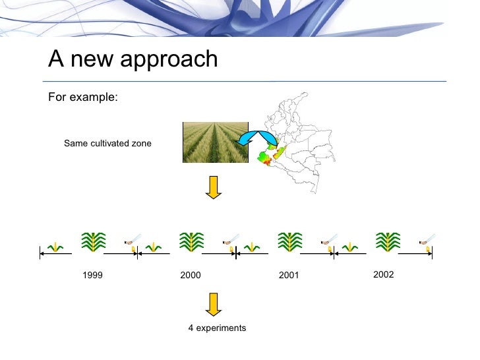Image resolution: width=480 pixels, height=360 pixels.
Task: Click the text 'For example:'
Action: pyautogui.click(x=83, y=98)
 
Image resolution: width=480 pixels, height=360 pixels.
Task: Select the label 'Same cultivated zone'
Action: pyautogui.click(x=107, y=143)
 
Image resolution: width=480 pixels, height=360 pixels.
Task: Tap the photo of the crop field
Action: pyautogui.click(x=215, y=142)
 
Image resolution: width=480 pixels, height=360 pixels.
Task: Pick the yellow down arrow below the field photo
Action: pyautogui.click(x=213, y=187)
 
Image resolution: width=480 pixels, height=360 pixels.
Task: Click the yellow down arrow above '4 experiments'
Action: pyautogui.click(x=213, y=303)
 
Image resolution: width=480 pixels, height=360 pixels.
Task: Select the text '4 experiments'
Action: pyautogui.click(x=217, y=328)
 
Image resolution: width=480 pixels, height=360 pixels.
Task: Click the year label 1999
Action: pyautogui.click(x=92, y=276)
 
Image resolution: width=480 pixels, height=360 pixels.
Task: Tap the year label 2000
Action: pyautogui.click(x=191, y=276)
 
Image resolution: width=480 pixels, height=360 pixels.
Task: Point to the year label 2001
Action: pyautogui.click(x=289, y=276)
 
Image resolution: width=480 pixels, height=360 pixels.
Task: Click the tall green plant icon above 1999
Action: pyautogui.click(x=94, y=242)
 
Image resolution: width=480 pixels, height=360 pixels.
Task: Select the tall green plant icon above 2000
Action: pyautogui.click(x=191, y=242)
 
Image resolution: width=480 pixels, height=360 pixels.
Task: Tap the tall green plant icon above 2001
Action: pyautogui.click(x=289, y=242)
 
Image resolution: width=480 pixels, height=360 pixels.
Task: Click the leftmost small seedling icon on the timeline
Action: pyautogui.click(x=56, y=247)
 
